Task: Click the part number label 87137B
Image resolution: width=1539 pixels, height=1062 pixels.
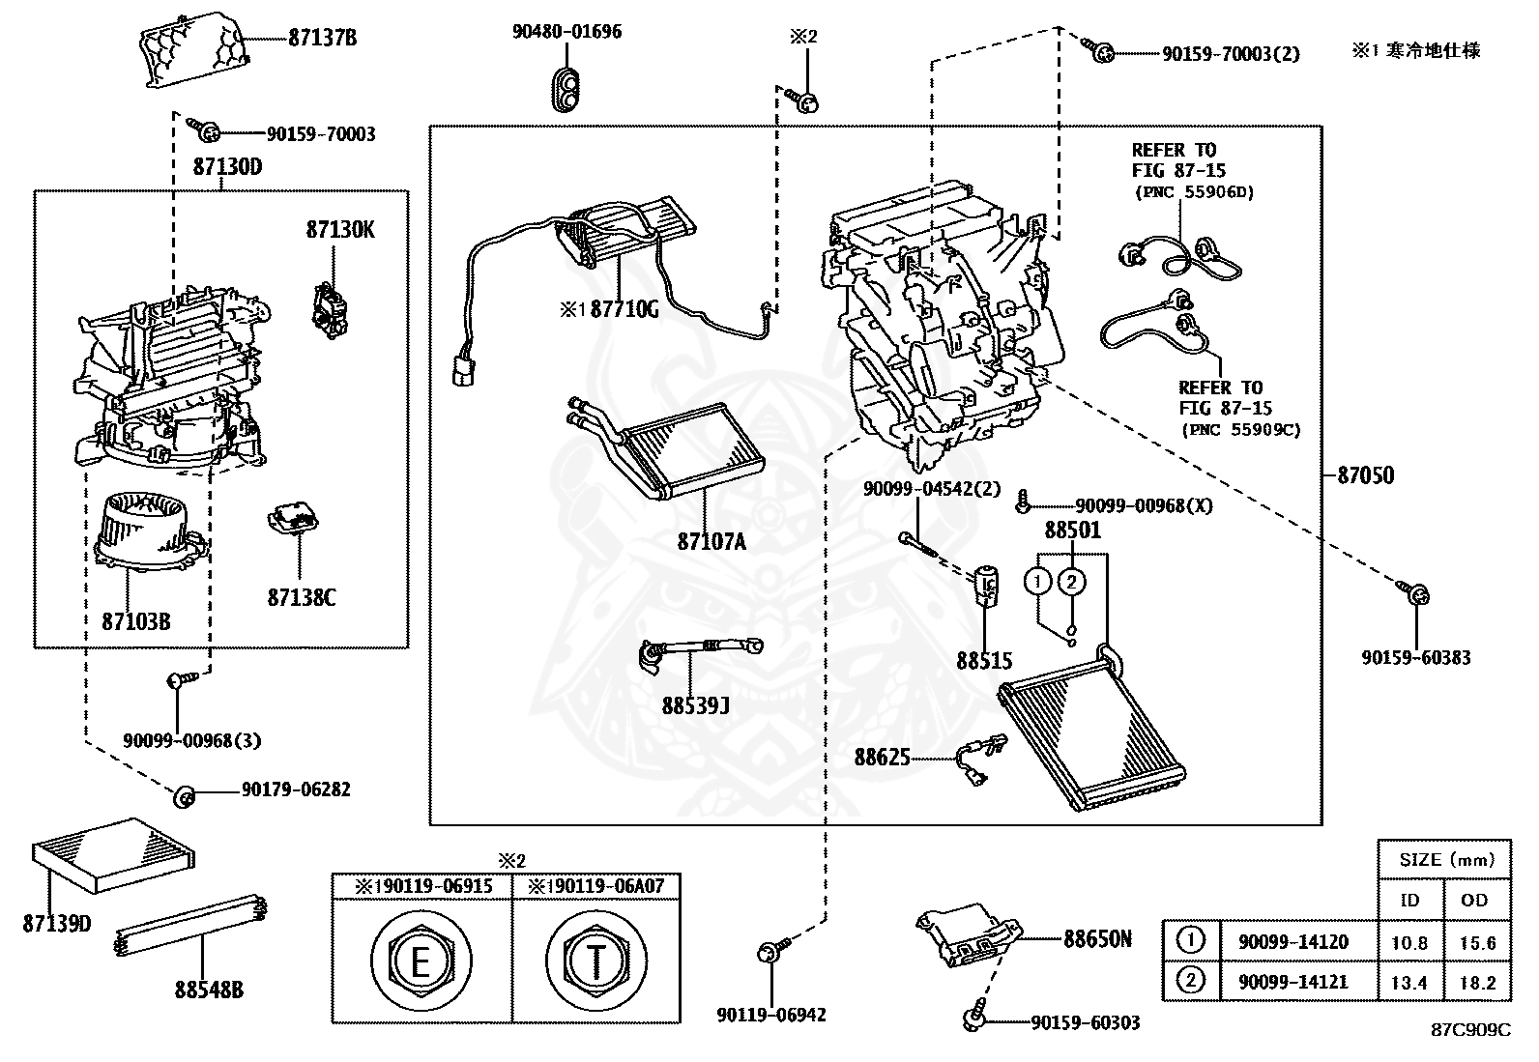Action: [x=322, y=38]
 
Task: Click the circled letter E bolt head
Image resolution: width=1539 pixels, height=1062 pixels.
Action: [x=421, y=961]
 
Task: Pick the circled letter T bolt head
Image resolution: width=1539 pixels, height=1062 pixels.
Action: [x=595, y=961]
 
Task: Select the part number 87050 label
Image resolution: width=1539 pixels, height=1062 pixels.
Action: [x=1365, y=474]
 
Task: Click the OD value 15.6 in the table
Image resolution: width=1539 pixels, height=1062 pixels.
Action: [x=1477, y=942]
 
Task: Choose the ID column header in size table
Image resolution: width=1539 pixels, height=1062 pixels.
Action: [x=1409, y=900]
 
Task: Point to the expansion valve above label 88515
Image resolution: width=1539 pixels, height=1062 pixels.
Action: [x=987, y=585]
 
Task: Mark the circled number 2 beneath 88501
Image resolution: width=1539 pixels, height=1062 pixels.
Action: [x=1071, y=581]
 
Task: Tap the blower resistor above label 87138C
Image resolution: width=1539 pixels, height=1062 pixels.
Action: [x=294, y=520]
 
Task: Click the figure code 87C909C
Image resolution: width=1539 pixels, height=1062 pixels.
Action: [x=1469, y=1030]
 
